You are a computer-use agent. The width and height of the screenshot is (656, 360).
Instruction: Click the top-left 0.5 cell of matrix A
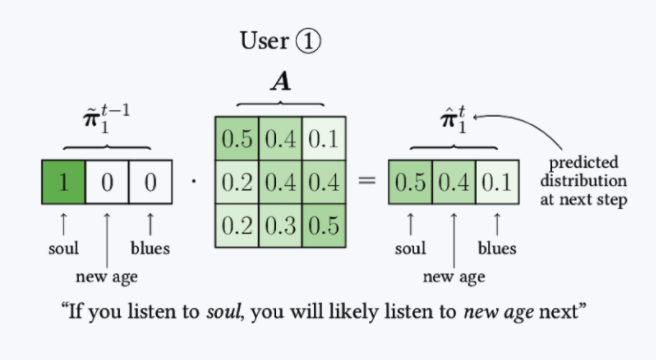click(x=236, y=138)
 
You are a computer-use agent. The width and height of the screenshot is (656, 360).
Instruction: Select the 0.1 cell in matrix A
click(x=322, y=138)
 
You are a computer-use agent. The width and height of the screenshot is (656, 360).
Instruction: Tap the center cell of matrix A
click(x=279, y=182)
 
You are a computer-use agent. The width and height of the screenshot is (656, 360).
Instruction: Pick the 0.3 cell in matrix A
click(x=279, y=225)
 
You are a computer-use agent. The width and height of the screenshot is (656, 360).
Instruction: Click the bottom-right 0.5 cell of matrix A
click(x=322, y=225)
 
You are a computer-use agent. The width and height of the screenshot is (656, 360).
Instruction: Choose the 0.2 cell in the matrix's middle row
click(x=236, y=182)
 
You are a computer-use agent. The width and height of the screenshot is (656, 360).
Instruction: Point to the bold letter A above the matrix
click(x=279, y=83)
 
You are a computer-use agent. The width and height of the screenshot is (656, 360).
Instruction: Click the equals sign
click(x=366, y=184)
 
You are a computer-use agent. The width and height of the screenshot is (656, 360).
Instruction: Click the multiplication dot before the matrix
click(x=192, y=184)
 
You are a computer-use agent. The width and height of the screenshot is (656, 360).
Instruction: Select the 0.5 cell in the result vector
click(x=410, y=184)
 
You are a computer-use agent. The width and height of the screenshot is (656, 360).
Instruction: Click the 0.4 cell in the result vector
click(x=453, y=184)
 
